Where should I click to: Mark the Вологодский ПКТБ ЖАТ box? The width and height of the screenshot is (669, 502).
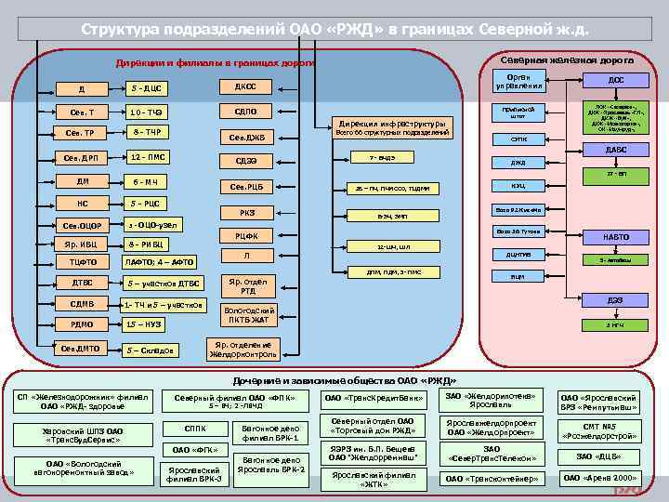tap(249, 315)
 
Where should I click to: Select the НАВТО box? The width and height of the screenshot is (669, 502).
tap(615, 237)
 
